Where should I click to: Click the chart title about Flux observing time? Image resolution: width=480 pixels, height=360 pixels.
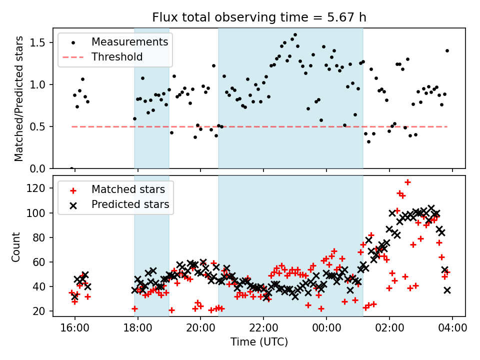click(259, 17)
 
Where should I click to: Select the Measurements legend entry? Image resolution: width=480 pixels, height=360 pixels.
click(129, 41)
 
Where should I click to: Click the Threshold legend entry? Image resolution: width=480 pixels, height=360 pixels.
click(117, 57)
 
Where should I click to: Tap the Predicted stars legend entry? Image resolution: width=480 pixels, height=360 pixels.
click(130, 204)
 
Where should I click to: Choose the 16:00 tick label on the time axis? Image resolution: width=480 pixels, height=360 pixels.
click(75, 330)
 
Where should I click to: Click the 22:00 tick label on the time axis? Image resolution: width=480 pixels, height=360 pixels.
click(263, 330)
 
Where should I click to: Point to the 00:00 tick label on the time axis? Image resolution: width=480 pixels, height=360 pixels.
click(326, 330)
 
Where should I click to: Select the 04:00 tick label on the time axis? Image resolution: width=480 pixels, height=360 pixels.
click(452, 330)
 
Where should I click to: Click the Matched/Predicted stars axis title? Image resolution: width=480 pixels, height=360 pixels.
click(19, 98)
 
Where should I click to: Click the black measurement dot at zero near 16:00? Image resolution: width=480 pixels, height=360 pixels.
click(71, 168)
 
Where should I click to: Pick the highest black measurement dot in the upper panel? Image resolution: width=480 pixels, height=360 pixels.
click(295, 35)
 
